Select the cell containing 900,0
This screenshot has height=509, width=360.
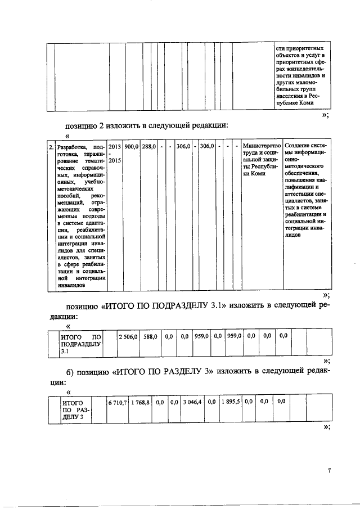click(x=132, y=146)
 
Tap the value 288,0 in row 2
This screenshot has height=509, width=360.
click(x=148, y=146)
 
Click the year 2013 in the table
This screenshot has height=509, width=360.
click(x=115, y=146)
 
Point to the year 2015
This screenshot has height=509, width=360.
click(x=115, y=161)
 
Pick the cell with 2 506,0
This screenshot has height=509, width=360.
click(x=128, y=336)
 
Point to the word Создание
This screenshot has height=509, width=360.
click(x=298, y=146)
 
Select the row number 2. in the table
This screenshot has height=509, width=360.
click(x=51, y=147)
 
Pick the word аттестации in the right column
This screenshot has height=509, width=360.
click(x=296, y=192)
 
